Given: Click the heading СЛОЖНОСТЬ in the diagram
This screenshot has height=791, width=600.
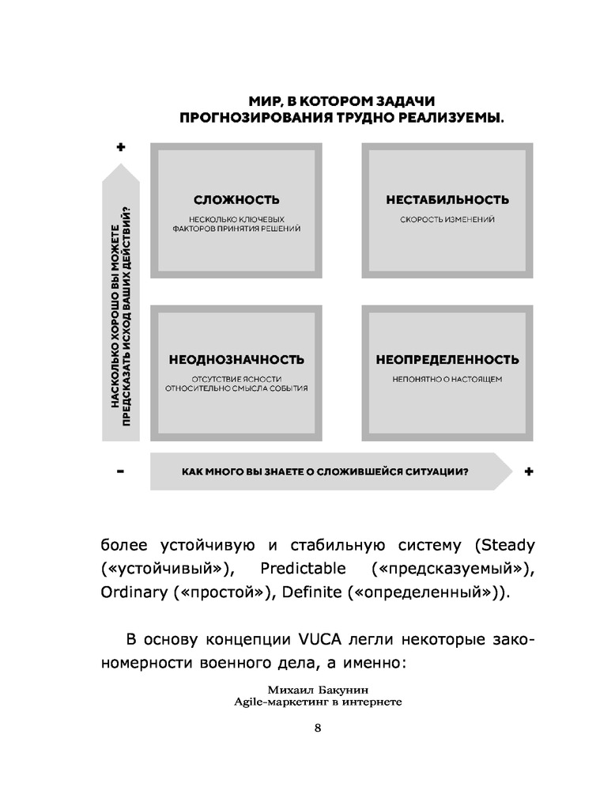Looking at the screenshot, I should point(225,200).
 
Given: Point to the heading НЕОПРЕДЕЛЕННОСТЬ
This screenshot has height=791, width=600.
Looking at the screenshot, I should point(447,360).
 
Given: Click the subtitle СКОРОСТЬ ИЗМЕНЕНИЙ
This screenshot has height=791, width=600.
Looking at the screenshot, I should point(447,219).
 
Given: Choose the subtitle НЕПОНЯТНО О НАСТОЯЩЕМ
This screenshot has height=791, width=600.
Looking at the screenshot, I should point(447,379).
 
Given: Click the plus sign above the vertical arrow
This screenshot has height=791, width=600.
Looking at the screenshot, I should point(121,146).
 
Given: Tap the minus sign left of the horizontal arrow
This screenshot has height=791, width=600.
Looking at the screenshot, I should point(121,471).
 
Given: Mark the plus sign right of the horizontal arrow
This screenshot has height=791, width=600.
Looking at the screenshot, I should point(529,471).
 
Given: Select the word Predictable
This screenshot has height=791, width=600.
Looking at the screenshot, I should point(304,570).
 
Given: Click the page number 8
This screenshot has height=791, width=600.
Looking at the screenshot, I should point(317,729).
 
